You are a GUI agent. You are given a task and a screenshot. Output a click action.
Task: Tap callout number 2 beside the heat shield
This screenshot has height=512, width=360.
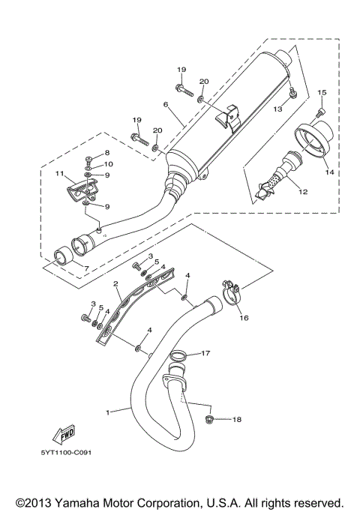click(116, 284)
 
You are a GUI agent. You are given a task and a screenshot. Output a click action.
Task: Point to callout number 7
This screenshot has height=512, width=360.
click(85, 268)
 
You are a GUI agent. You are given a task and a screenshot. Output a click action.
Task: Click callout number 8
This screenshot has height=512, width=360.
click(107, 153)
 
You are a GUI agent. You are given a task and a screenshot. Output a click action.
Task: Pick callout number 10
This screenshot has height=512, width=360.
click(109, 164)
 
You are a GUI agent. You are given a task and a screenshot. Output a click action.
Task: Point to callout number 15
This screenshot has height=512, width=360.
click(322, 92)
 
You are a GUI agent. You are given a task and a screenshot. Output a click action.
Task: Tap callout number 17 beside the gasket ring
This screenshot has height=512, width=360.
click(205, 353)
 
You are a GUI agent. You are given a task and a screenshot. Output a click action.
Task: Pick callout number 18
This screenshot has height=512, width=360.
click(237, 420)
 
